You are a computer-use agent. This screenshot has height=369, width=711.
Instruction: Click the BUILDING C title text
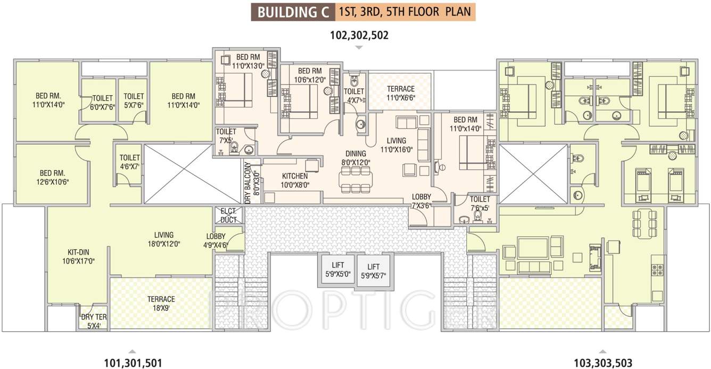click(x=293, y=12)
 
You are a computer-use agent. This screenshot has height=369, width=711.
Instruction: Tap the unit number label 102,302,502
click(x=359, y=36)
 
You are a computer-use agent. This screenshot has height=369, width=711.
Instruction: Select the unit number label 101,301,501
click(x=133, y=363)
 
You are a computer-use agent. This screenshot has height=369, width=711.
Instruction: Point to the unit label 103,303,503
click(x=603, y=363)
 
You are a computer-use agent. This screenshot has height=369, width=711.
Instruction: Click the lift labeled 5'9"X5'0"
click(x=337, y=269)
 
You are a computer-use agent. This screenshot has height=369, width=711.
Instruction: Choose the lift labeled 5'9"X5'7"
click(x=373, y=271)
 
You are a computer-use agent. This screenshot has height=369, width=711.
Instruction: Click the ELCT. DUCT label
click(x=229, y=215)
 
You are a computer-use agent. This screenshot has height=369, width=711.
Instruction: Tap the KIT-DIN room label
click(x=78, y=256)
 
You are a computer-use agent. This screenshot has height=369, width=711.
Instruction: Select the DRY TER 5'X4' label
click(x=94, y=321)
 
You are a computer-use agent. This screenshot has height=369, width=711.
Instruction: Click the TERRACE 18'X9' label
click(x=161, y=303)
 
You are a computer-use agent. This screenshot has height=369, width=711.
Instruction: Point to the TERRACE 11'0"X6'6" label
click(x=400, y=93)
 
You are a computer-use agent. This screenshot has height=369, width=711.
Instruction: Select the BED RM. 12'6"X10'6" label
click(x=52, y=177)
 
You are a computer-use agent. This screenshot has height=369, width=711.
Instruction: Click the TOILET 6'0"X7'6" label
click(x=102, y=102)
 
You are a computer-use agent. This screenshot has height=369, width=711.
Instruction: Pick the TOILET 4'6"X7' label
click(x=129, y=162)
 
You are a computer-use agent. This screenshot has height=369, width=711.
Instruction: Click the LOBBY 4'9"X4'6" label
click(x=215, y=241)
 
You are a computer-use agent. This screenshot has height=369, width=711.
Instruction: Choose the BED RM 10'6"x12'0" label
click(x=309, y=75)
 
